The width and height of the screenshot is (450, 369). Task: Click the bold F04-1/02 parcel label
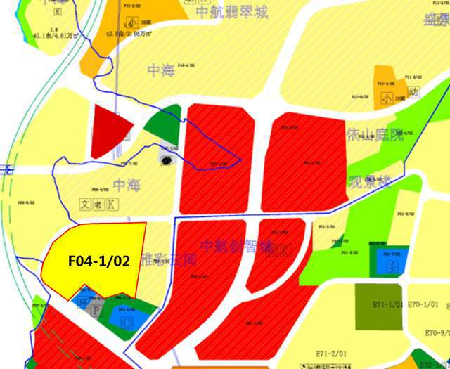[99, 261]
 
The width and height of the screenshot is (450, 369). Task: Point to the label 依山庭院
[373, 134]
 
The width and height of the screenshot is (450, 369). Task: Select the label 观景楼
[369, 183]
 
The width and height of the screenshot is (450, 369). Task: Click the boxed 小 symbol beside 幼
[385, 99]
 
